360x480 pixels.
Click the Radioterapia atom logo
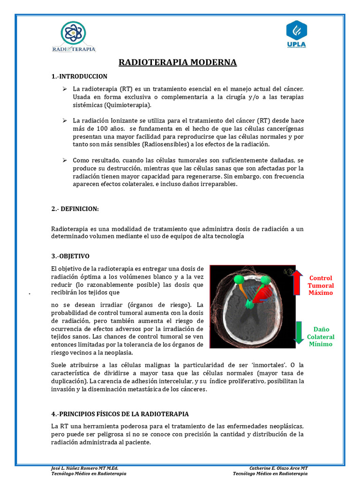pos(74,33)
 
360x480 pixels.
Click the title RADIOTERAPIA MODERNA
pos(178,62)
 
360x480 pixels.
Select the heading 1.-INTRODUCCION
pos(79,76)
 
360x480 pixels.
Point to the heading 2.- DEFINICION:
pos(75,209)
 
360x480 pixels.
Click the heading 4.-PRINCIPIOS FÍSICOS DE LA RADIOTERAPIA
pos(120,414)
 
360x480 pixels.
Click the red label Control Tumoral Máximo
pos(321,285)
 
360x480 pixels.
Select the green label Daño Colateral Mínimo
pos(321,337)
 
